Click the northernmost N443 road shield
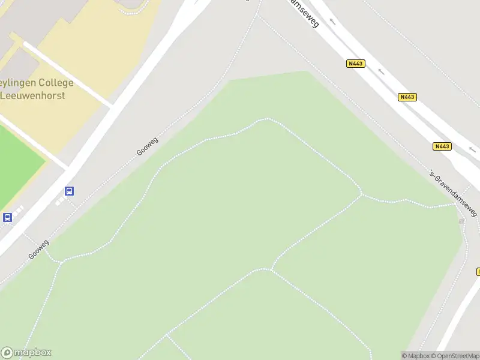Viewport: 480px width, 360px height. click(x=356, y=64)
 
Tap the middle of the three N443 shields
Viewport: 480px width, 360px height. click(x=407, y=97)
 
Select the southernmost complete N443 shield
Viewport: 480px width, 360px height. click(x=442, y=146)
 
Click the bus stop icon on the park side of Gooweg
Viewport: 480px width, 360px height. click(x=70, y=191)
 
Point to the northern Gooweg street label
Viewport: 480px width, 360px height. click(x=147, y=146)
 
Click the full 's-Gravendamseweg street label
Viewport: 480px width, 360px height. click(x=453, y=192)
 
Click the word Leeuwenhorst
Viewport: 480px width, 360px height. click(x=33, y=95)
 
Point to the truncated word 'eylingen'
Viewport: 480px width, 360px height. click(x=19, y=83)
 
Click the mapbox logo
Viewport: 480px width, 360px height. click(x=26, y=353)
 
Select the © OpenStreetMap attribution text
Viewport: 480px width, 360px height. click(x=454, y=356)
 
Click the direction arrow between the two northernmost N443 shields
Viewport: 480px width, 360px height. click(x=380, y=72)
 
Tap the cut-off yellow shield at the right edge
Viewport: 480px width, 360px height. click(x=478, y=271)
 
